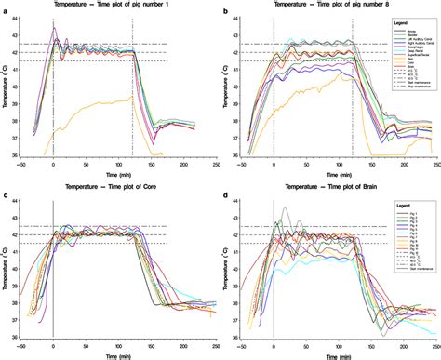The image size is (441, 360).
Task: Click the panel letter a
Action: click(6, 8)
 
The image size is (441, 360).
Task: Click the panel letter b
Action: click(225, 8)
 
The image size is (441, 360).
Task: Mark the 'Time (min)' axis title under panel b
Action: click(339, 173)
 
